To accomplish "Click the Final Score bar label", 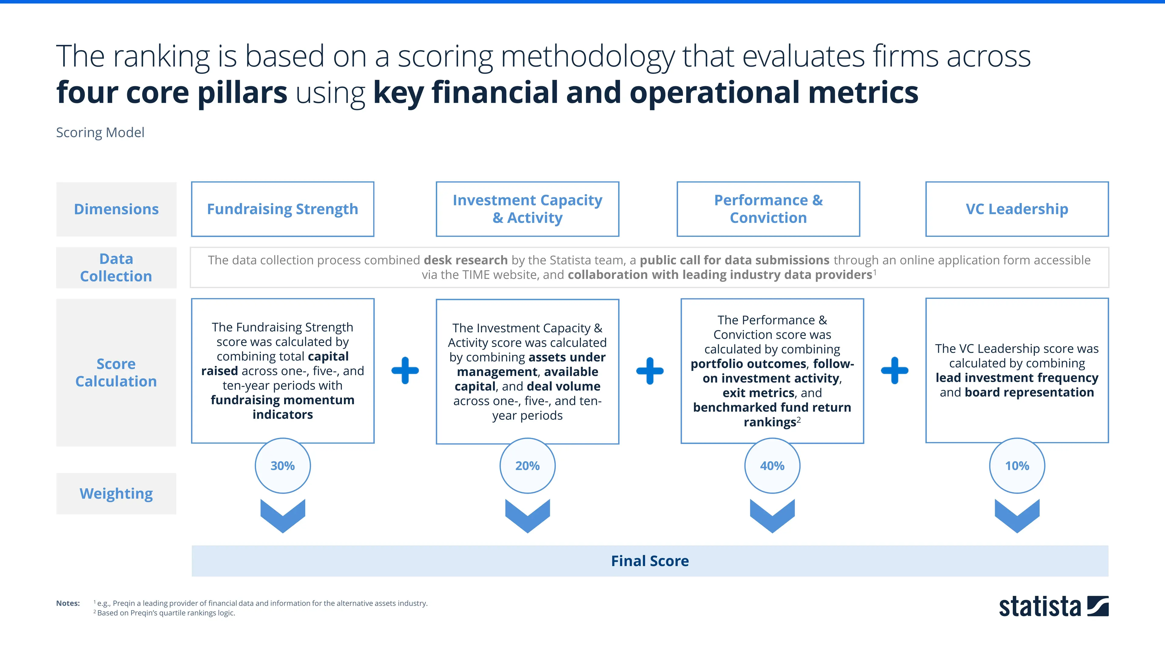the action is click(650, 561).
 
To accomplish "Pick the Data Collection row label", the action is click(116, 267).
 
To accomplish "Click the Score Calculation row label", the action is click(116, 372).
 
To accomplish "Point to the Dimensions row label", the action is click(116, 209).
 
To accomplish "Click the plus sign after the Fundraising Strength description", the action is click(405, 371).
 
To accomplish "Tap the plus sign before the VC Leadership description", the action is click(895, 371).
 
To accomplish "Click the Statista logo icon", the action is click(1098, 606).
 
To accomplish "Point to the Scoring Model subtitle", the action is click(100, 133).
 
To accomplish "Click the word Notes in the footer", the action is click(68, 603).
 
